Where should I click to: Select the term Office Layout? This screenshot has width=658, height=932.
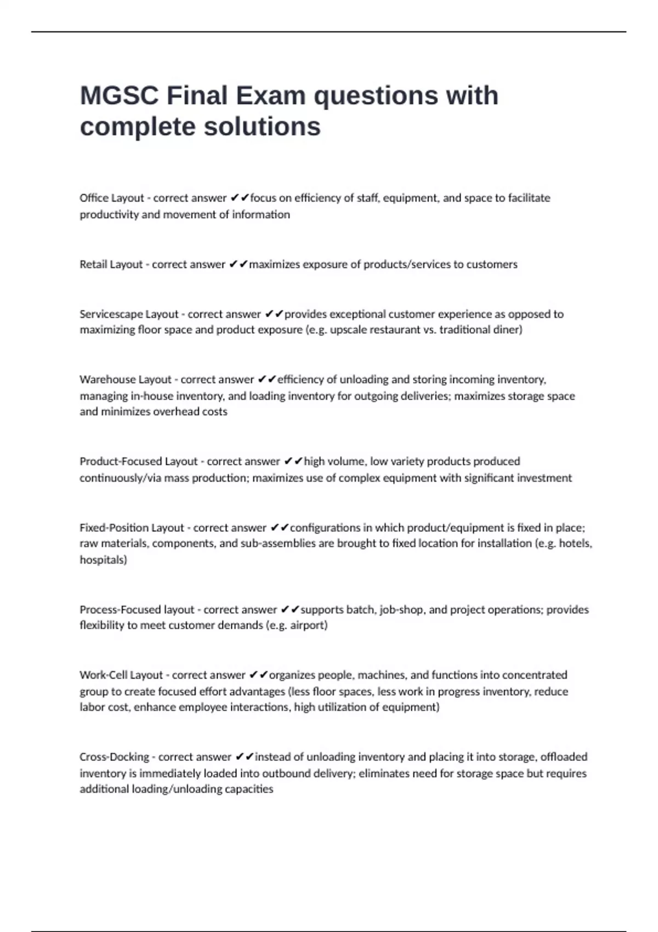[112, 198]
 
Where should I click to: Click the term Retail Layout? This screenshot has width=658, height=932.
[111, 264]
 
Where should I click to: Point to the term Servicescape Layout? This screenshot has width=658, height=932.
[129, 314]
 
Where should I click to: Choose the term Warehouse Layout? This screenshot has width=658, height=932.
[126, 379]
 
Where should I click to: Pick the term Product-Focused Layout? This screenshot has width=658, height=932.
[139, 462]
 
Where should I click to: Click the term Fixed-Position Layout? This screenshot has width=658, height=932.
[132, 528]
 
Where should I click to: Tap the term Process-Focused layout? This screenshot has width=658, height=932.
[137, 610]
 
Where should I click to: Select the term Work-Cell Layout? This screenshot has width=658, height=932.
[121, 675]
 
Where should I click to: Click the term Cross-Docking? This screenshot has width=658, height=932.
[114, 757]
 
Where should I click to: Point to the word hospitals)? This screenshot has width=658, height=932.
[103, 560]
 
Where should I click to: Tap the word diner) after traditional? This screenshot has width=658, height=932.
[508, 329]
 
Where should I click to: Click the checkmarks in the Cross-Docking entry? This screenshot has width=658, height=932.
[245, 757]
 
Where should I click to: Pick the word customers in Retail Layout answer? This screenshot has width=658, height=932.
[492, 264]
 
